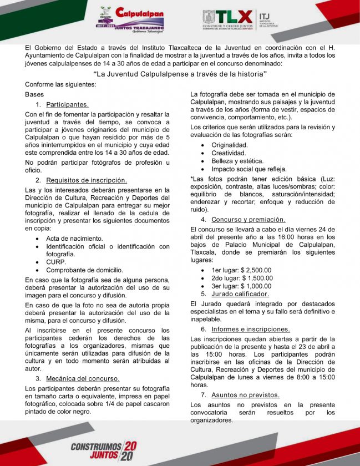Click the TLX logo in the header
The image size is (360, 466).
[227, 19]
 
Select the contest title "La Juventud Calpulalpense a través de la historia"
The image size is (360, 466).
[180, 74]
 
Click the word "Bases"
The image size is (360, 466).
[34, 94]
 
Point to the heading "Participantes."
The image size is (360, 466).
[67, 104]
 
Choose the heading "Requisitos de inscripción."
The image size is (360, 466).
[87, 180]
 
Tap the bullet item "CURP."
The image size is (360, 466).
[56, 262]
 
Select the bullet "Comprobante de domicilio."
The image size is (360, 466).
[84, 270]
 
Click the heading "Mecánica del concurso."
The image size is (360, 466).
[83, 378]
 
